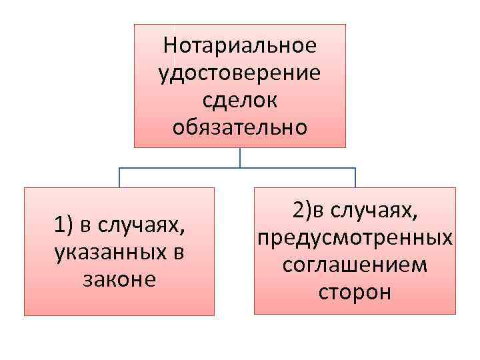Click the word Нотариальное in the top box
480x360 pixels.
tap(240, 46)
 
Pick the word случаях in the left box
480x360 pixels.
tap(141, 227)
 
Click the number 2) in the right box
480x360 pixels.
tap(302, 211)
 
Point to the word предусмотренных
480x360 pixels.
tap(355, 238)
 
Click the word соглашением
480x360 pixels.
tap(355, 265)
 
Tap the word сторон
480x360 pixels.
tap(355, 291)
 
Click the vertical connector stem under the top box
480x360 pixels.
tap(240, 157)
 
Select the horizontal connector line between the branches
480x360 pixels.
tap(180, 168)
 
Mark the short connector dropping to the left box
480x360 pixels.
tap(119, 177)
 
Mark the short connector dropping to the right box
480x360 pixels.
tap(355, 177)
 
